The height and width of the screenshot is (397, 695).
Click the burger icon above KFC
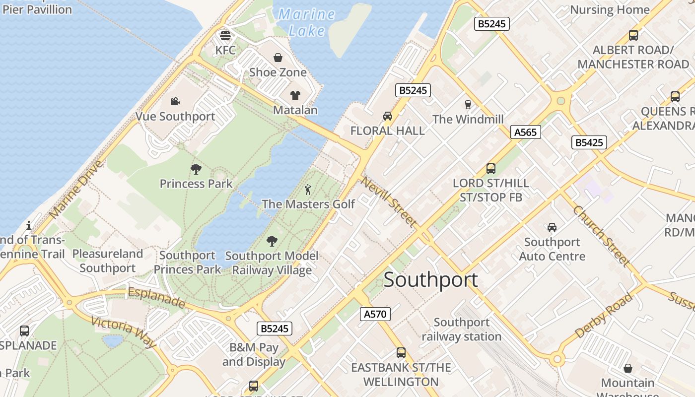point(225,36)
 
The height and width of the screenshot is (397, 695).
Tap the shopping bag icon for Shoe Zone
point(278,58)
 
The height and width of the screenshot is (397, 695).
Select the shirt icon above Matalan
point(295,95)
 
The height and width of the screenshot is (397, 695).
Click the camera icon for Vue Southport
point(175,102)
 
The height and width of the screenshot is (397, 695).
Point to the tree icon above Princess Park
point(196,169)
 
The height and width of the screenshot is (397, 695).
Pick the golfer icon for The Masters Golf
point(308,190)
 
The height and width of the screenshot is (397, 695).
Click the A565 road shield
point(525,132)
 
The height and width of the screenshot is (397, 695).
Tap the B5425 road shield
point(589,142)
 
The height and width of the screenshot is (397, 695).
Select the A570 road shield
point(375,314)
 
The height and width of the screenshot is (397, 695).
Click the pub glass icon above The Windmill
point(468,104)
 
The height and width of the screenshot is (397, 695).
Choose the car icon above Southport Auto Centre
point(552,227)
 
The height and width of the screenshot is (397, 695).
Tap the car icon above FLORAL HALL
point(388,116)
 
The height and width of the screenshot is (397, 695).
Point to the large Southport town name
point(431,280)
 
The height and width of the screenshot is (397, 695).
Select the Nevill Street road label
point(388,201)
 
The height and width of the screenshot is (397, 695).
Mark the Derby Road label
point(604,316)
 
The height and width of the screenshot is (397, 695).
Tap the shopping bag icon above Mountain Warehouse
point(628,368)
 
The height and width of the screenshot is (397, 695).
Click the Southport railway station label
point(461,329)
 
